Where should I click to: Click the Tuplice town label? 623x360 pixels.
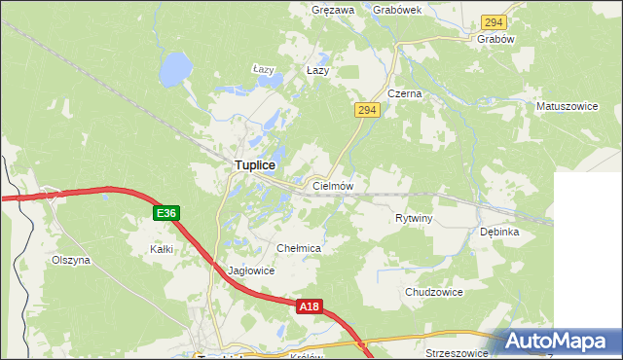click(254, 166)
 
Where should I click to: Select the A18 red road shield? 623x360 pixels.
click(309, 306)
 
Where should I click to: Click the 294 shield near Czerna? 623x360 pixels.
click(366, 111)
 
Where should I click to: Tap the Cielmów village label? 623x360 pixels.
click(332, 185)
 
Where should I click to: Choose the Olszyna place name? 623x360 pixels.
click(70, 261)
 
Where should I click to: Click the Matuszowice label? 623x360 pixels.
click(567, 104)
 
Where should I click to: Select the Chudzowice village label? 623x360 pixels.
click(434, 292)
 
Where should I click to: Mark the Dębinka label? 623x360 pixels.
click(500, 233)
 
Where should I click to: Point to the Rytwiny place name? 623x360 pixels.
click(414, 219)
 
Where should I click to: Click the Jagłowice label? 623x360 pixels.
click(250, 271)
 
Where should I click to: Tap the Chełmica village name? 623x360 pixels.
click(299, 249)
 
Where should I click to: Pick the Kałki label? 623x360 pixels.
click(162, 250)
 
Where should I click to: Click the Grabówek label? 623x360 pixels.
click(397, 11)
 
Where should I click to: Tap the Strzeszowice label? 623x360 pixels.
click(457, 353)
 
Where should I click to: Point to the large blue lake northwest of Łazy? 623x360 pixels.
click(175, 68)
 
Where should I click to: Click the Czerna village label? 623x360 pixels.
click(404, 94)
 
